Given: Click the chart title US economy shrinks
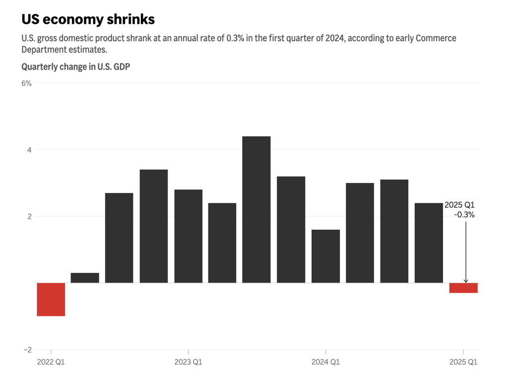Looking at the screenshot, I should pos(88,19).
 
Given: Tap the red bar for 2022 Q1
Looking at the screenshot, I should pos(51,299).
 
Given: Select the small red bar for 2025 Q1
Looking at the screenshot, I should pos(463,288).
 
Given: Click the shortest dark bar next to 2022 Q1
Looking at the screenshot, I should pos(85,278).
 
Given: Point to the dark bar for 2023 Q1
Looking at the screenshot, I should pos(189,236).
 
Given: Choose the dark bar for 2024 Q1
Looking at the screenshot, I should pos(325,256).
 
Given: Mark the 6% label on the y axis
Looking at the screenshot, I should pos(27,83).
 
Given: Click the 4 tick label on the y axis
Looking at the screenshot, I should pos(29,150).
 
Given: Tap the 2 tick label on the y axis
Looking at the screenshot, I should pos(29,216).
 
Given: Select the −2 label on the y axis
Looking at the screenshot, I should pos(27,350).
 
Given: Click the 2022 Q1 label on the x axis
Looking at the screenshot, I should pos(51,362).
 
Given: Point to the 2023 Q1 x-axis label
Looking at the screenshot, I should pos(189,362).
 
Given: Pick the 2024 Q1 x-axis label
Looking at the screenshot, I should pos(325,362).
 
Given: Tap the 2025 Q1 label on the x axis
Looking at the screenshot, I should pos(463,362).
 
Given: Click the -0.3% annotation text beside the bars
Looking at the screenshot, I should pos(464,215).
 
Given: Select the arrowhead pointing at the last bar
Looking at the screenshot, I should pos(466,281).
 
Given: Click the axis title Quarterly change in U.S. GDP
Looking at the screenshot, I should pos(75,66).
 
